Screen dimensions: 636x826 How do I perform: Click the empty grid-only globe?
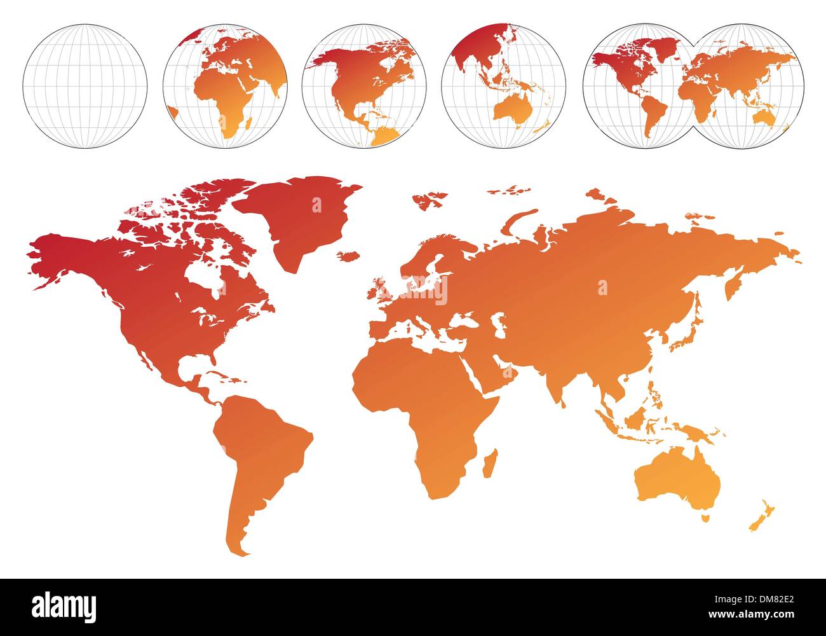(85, 86)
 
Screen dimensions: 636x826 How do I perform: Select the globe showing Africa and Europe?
(225, 86)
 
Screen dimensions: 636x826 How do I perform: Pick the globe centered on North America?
(364, 86)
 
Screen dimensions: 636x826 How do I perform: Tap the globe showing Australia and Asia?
(503, 86)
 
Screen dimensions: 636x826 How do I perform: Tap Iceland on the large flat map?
(348, 256)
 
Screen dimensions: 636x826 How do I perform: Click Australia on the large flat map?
(677, 480)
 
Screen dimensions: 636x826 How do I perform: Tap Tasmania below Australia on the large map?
(705, 518)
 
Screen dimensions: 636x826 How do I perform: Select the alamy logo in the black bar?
(64, 604)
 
